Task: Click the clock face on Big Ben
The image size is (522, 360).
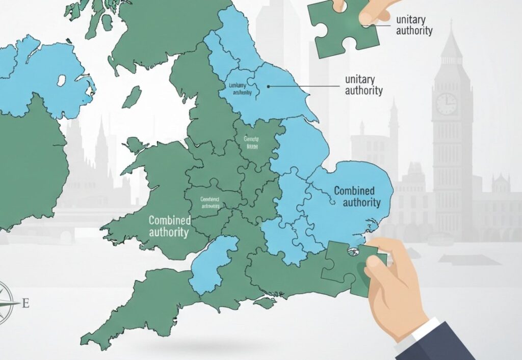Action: (447, 104)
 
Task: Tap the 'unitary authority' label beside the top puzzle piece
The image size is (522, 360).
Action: (414, 25)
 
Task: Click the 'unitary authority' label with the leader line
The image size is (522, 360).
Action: (363, 85)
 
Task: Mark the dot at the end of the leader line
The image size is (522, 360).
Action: (268, 86)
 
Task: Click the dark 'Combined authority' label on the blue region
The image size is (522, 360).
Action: (357, 197)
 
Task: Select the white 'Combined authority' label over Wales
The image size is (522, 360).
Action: (169, 226)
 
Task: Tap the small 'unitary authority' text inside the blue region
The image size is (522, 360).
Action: (238, 89)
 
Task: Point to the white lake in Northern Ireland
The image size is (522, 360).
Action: (62, 81)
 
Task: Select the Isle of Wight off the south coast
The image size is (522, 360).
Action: (265, 303)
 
